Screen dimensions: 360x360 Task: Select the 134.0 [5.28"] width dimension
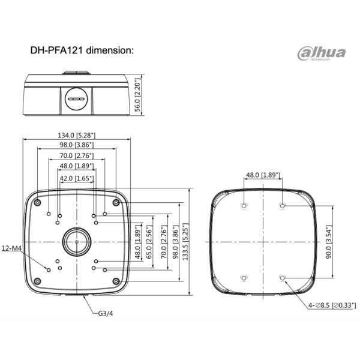76,135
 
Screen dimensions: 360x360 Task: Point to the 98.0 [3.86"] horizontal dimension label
76,145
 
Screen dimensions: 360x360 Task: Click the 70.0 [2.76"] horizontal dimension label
76,155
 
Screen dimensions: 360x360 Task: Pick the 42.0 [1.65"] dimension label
76,178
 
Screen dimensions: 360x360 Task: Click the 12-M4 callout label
13,248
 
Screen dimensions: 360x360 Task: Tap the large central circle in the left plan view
76,241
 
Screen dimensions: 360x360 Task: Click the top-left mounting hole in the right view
243,205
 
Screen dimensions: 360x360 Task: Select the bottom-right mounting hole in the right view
282,278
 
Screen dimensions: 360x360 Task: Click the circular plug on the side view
76,98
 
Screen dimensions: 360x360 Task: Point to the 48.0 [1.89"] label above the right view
262,175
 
